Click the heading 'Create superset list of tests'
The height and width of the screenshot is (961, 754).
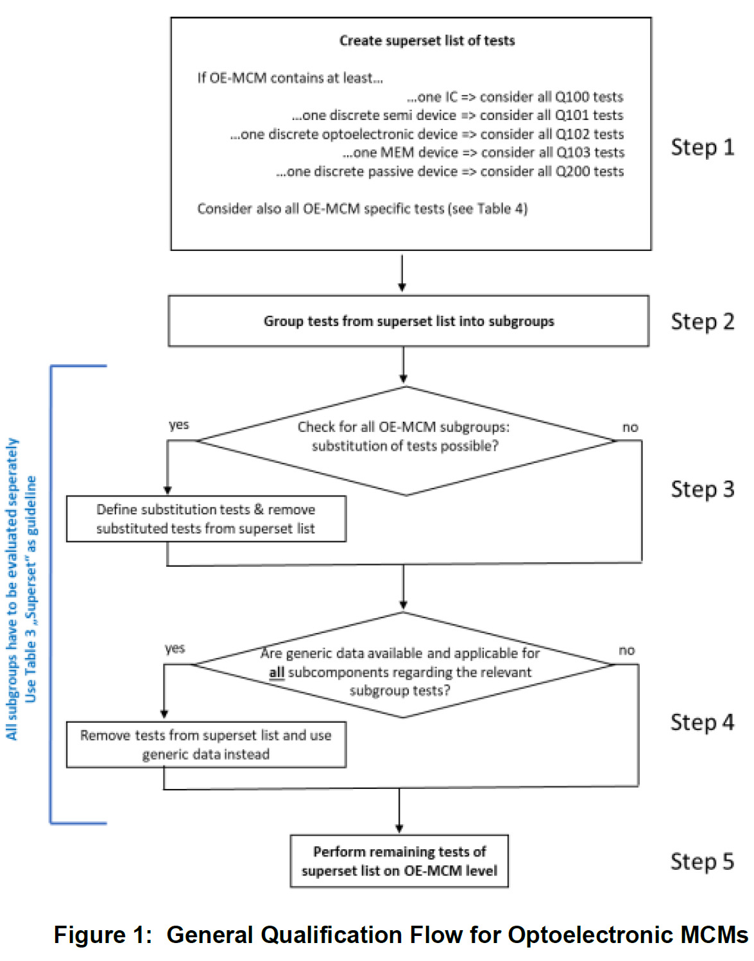pyautogui.click(x=427, y=40)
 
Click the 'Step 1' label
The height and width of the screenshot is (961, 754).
pyautogui.click(x=702, y=147)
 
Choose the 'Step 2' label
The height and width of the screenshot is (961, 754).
pyautogui.click(x=702, y=322)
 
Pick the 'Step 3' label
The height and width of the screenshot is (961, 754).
pyautogui.click(x=702, y=490)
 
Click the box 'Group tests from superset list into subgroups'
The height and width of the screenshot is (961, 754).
pyautogui.click(x=408, y=321)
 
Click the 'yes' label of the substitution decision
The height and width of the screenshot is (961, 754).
pyautogui.click(x=178, y=425)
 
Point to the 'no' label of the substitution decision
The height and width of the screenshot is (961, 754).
pyautogui.click(x=630, y=427)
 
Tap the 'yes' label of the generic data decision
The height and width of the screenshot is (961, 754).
pyautogui.click(x=175, y=649)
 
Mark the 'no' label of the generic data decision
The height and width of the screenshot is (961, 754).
pyautogui.click(x=627, y=650)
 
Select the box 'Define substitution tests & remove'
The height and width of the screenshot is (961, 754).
pyautogui.click(x=206, y=519)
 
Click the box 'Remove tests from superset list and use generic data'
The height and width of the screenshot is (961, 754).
pyautogui.click(x=206, y=744)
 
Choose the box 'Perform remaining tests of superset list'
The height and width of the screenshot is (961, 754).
pyautogui.click(x=399, y=861)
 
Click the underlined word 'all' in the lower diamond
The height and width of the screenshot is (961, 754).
pyautogui.click(x=277, y=673)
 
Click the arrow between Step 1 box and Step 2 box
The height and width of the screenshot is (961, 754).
pyautogui.click(x=402, y=273)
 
